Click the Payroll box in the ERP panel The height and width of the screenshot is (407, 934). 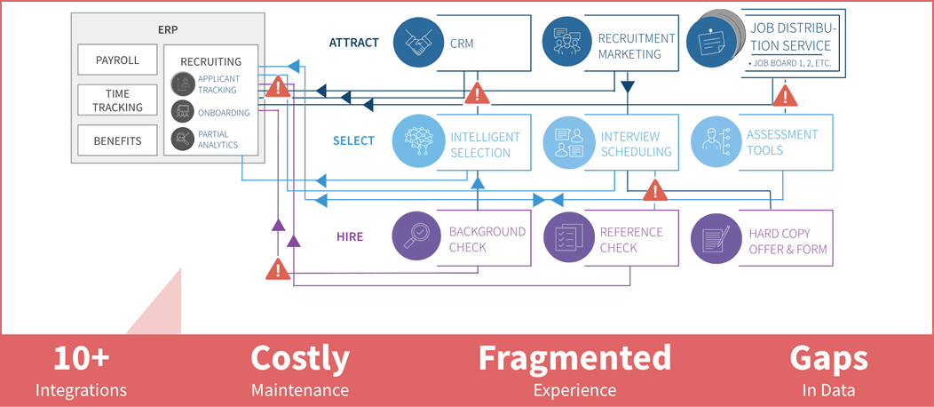[x=117, y=60]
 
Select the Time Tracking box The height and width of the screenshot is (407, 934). [x=117, y=100]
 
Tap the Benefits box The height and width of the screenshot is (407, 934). [x=117, y=140]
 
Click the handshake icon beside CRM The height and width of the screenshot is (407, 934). [x=419, y=42]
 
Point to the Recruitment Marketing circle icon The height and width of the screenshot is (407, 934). [x=568, y=42]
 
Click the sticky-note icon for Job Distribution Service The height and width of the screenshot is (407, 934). [x=712, y=43]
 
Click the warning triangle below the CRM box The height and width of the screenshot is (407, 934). [x=477, y=93]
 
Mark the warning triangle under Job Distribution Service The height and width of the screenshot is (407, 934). [x=786, y=95]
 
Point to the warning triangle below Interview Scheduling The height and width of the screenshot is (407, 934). [x=656, y=190]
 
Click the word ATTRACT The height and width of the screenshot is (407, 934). [x=354, y=43]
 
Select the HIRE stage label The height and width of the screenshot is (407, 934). [x=350, y=236]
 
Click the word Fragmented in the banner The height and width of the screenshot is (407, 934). [x=574, y=358]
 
